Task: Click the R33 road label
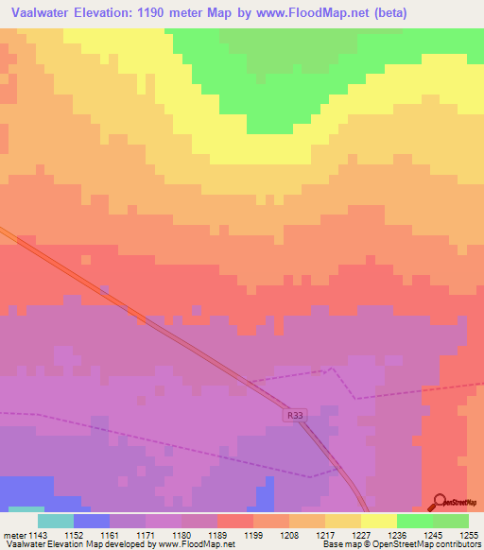(295, 415)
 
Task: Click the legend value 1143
(38, 535)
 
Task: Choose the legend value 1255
(470, 535)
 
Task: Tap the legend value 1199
(254, 535)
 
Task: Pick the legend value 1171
(146, 535)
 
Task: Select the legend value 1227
(362, 535)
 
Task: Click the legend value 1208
(290, 535)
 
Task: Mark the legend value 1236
(398, 535)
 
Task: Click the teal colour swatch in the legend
(56, 521)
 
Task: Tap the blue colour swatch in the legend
(92, 521)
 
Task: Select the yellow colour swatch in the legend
(379, 521)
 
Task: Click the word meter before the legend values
(13, 535)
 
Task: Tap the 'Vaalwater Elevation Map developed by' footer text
(78, 545)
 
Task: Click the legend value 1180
(181, 535)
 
